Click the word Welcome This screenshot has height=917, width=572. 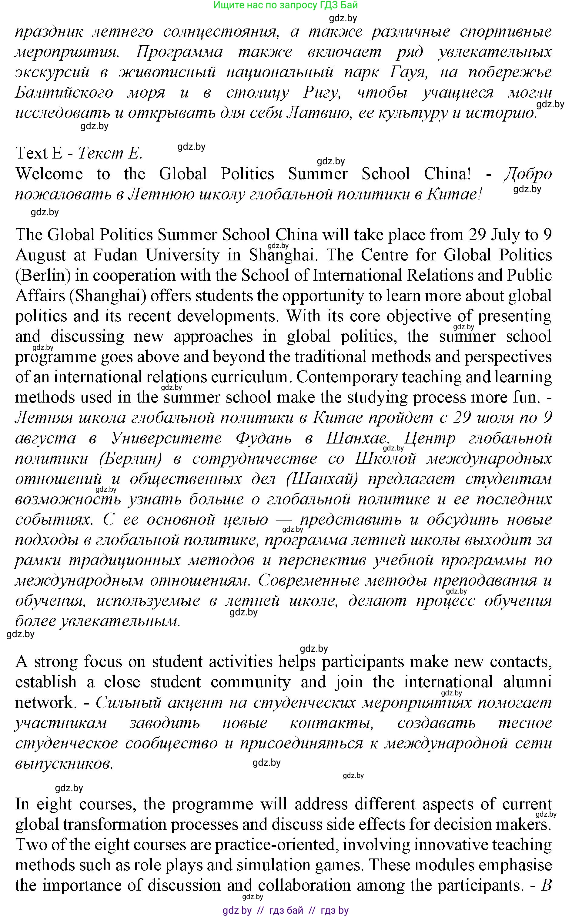point(49,174)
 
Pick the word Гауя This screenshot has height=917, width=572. point(408,72)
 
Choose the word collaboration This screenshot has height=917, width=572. point(305,885)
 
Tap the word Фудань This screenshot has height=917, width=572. point(263,438)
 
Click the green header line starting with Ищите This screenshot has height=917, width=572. point(286,5)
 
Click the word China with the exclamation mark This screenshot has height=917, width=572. point(447,174)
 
